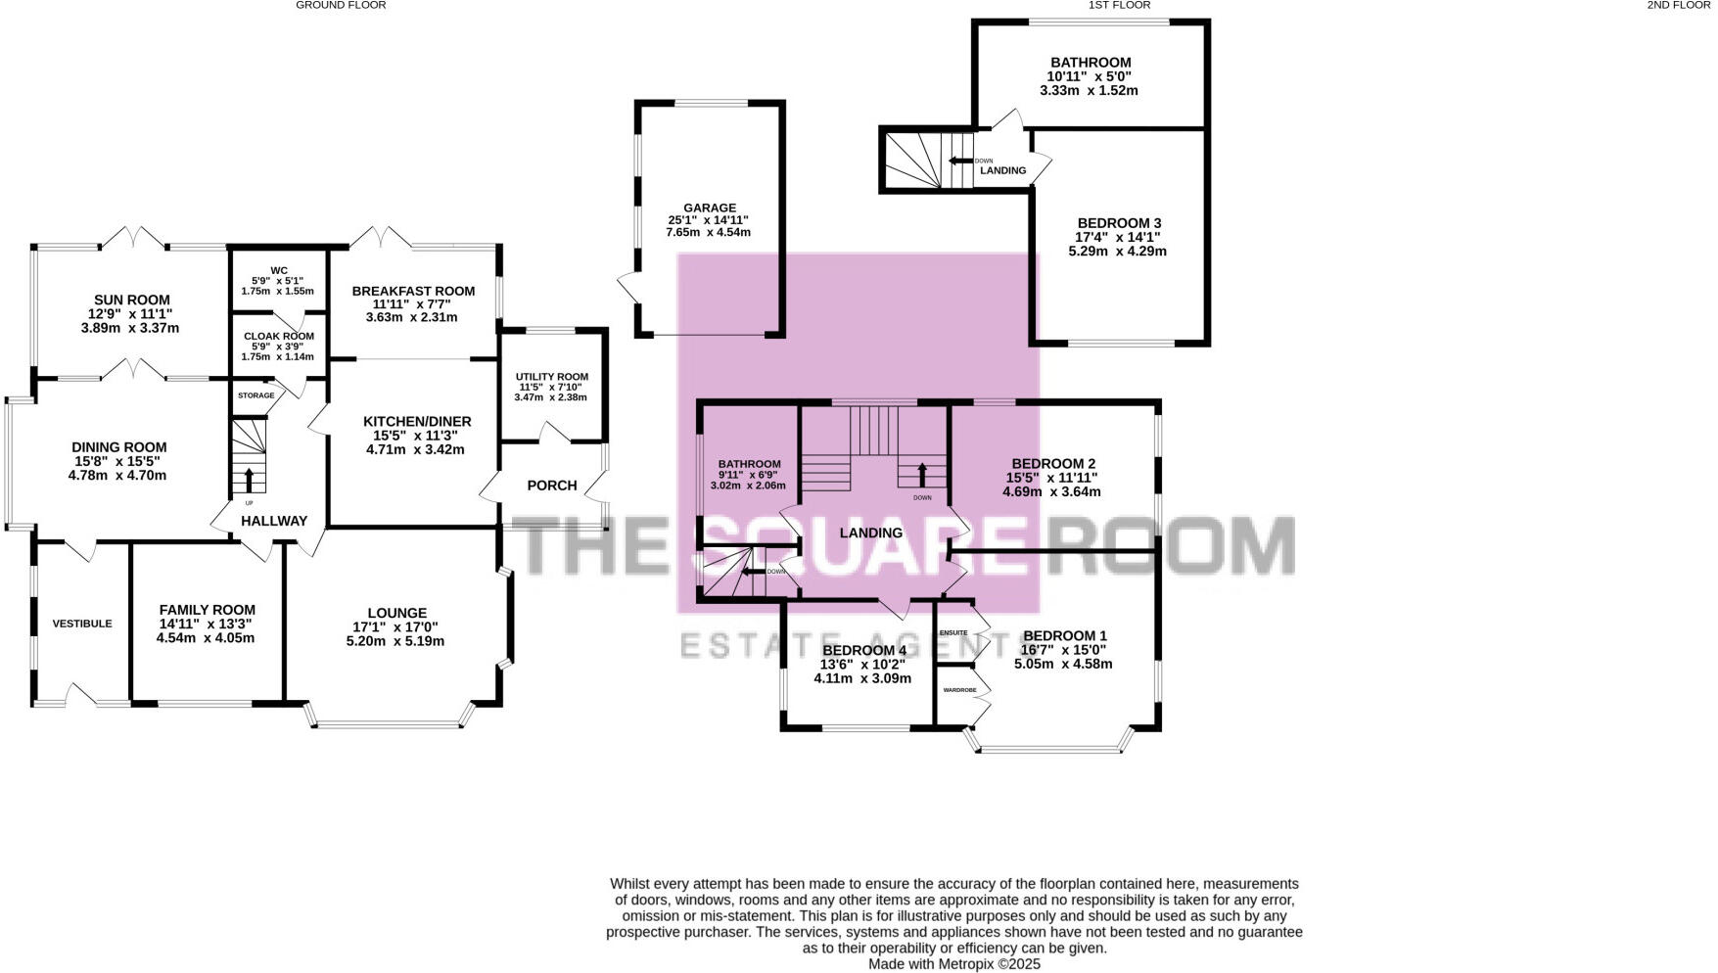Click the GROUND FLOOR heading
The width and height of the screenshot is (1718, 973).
(x=341, y=5)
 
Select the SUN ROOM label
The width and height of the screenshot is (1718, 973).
(x=131, y=301)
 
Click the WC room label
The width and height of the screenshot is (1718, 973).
(x=279, y=270)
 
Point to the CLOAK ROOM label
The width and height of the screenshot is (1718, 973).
(x=279, y=336)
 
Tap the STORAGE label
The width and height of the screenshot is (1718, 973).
(x=255, y=395)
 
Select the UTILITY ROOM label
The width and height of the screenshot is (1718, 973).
(x=552, y=377)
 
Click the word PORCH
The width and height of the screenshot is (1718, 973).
(x=552, y=486)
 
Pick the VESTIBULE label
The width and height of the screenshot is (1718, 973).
(x=82, y=624)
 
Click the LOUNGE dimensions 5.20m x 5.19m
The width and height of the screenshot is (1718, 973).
(x=395, y=641)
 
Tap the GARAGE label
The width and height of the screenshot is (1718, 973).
(x=710, y=208)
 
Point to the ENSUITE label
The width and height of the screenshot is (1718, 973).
(x=953, y=633)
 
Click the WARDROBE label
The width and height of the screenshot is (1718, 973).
(x=959, y=690)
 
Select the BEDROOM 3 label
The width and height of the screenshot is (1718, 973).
(x=1119, y=223)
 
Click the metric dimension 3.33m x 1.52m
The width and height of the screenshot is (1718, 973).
(x=1089, y=90)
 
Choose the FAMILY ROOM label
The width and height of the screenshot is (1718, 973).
(x=207, y=610)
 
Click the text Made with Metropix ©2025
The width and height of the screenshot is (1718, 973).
(x=954, y=964)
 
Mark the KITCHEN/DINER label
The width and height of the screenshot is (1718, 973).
(x=417, y=422)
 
